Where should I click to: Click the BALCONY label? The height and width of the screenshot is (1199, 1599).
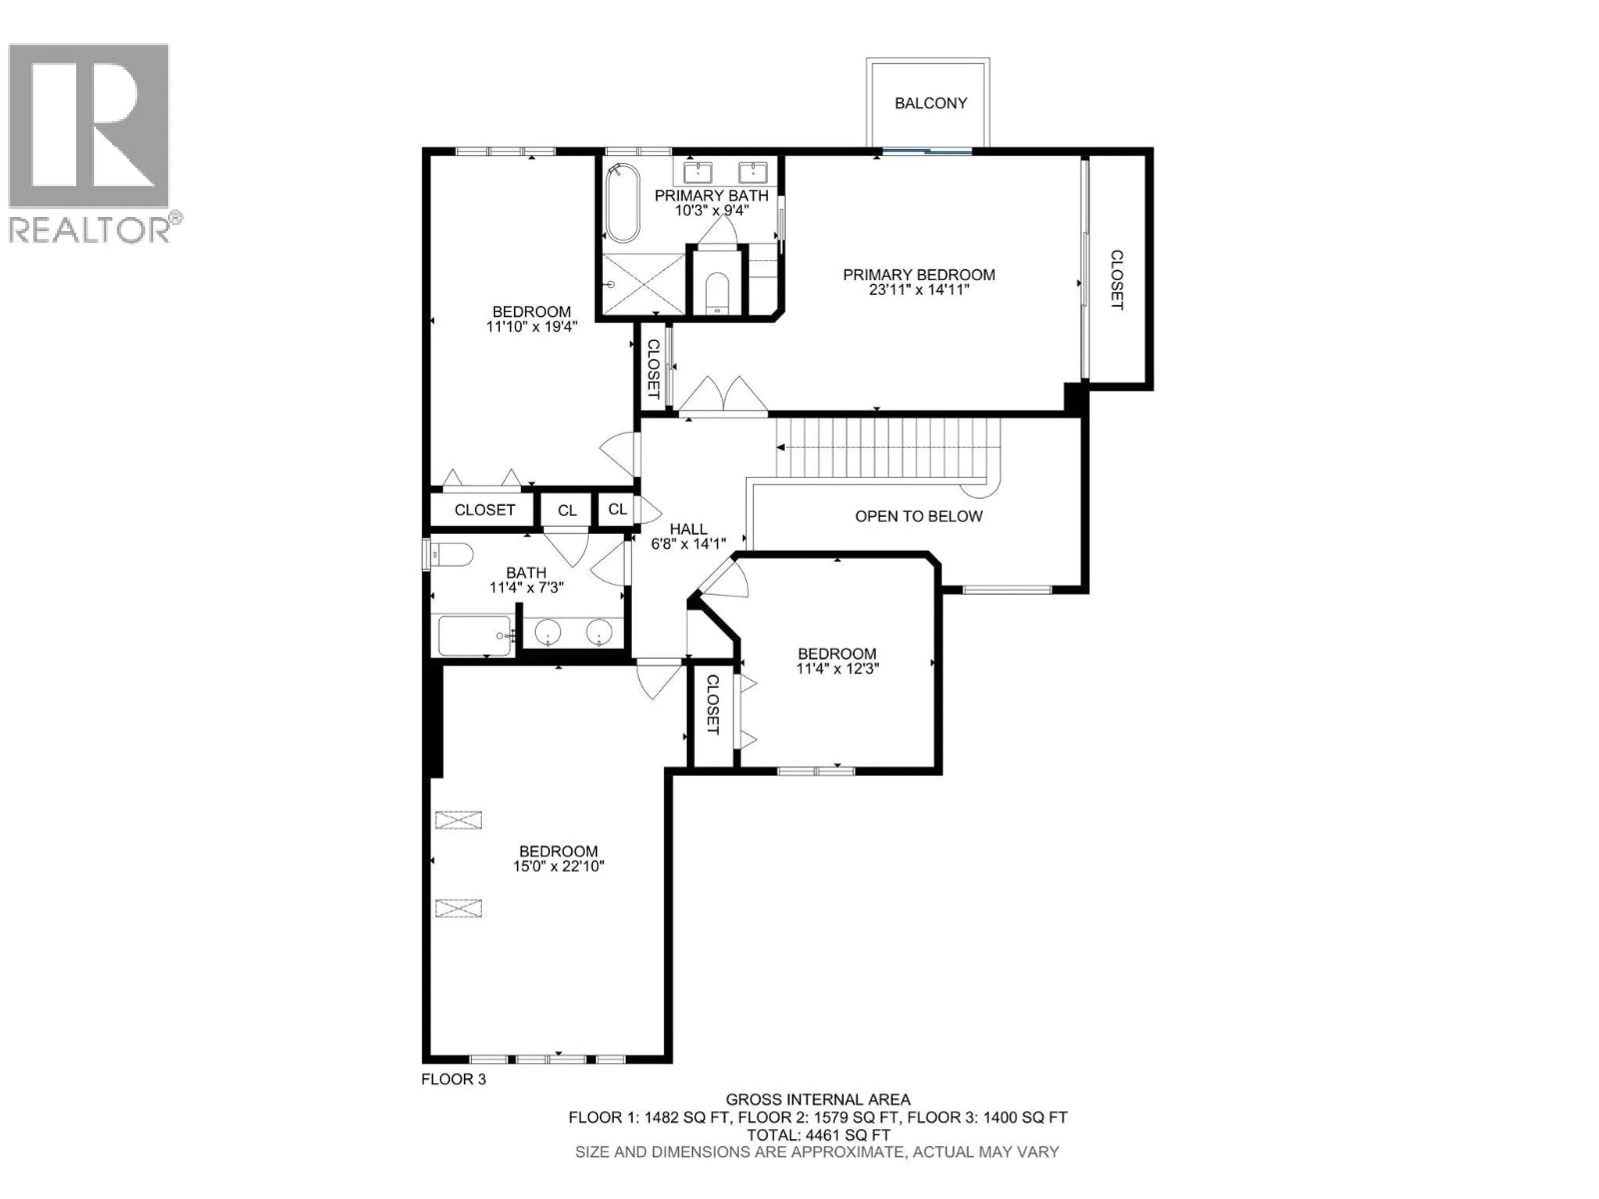coord(930,103)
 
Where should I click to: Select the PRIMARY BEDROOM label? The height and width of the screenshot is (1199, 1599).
coord(919,275)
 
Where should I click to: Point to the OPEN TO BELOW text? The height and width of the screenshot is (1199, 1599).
coord(918,516)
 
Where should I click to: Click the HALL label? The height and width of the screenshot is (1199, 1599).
coord(688,529)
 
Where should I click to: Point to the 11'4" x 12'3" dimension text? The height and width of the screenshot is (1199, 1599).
coord(837,669)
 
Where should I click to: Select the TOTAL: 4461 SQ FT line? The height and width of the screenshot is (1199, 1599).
coord(817,1134)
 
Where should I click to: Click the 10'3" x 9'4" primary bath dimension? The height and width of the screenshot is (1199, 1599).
coord(711,210)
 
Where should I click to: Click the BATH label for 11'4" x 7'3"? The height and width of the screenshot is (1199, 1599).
coord(526,572)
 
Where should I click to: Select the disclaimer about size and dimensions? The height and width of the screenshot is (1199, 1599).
coord(817,1152)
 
